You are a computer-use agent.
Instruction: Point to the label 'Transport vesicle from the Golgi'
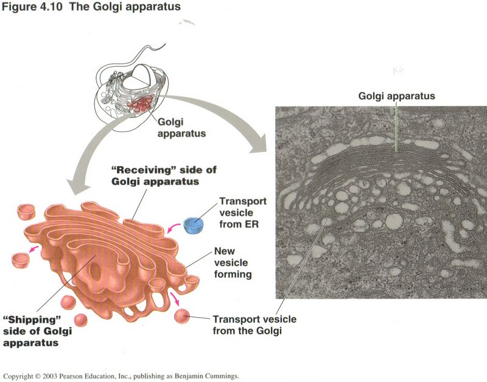[247, 325]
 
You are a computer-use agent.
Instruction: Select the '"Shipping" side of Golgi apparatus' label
[38, 331]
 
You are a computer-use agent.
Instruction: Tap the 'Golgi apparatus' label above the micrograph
[396, 96]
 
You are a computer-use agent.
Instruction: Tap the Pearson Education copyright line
[122, 375]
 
